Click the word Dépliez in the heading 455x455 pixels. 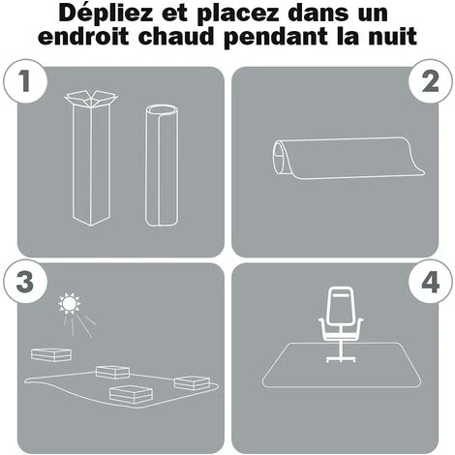pyautogui.click(x=106, y=14)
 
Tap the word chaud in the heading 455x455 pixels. pyautogui.click(x=176, y=37)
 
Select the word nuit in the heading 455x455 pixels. pyautogui.click(x=393, y=37)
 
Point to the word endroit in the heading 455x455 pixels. pyautogui.click(x=83, y=37)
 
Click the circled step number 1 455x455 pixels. pyautogui.click(x=25, y=81)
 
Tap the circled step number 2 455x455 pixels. pyautogui.click(x=430, y=81)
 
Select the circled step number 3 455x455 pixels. pyautogui.click(x=25, y=282)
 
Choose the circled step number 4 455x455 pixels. pyautogui.click(x=430, y=282)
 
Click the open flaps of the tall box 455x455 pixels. pyautogui.click(x=91, y=99)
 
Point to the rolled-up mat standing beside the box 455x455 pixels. pyautogui.click(x=162, y=165)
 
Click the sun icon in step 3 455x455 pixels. pyautogui.click(x=69, y=303)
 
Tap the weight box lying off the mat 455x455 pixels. pyautogui.click(x=51, y=354)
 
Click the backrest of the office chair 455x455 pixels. pyautogui.click(x=341, y=306)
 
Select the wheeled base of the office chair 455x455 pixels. pyautogui.click(x=341, y=358)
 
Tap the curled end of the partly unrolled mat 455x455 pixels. pyautogui.click(x=280, y=158)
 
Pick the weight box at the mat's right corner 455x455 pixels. pyautogui.click(x=192, y=383)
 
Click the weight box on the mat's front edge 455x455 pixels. pyautogui.click(x=131, y=394)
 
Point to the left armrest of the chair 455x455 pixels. pyautogui.click(x=323, y=328)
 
